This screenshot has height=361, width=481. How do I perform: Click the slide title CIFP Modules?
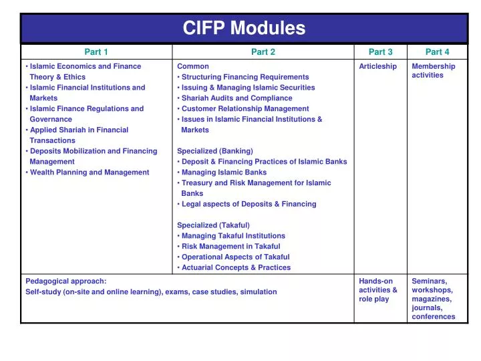244,28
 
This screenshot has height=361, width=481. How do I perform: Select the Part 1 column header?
96,51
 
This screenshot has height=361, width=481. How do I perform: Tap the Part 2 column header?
263,51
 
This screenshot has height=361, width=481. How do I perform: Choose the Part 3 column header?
380,51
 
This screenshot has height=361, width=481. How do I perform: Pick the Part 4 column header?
438,51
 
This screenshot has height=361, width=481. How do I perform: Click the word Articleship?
377,66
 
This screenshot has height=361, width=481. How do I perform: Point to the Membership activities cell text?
434,70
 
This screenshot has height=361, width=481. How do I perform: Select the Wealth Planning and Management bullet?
89,172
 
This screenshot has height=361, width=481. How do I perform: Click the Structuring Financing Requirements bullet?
245,77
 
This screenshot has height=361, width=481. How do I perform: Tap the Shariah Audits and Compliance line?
236,98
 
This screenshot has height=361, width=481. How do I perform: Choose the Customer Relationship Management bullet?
245,108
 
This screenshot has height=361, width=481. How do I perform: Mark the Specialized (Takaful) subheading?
213,225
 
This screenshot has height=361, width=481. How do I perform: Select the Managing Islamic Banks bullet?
224,172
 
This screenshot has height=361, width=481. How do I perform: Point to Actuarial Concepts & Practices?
236,267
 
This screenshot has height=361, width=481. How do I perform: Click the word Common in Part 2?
193,66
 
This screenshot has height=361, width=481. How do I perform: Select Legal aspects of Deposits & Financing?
249,204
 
